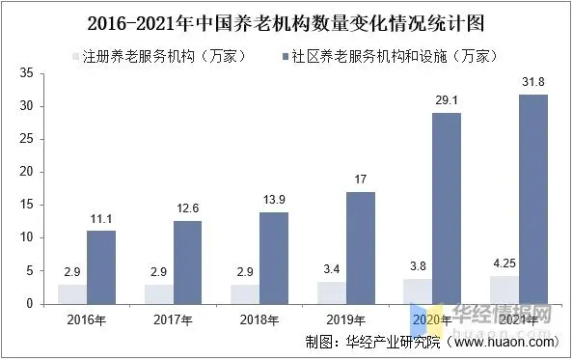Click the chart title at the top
pos(286,20)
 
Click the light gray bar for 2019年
pos(329,292)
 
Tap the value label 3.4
pos(329,271)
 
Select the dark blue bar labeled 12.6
pos(187,263)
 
